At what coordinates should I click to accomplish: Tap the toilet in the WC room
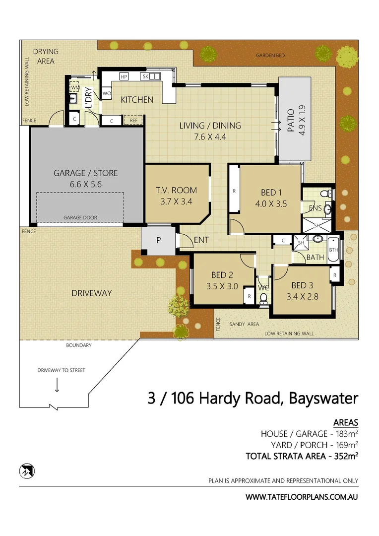(x=263, y=298)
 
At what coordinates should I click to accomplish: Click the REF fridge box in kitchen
(x=134, y=120)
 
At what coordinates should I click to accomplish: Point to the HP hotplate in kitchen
(x=124, y=76)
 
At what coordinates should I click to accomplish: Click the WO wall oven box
(x=106, y=93)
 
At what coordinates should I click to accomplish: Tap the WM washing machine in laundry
(x=75, y=87)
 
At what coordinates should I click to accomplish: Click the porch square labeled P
(x=158, y=240)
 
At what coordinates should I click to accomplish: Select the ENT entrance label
(x=201, y=240)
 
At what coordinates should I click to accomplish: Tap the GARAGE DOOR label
(x=80, y=218)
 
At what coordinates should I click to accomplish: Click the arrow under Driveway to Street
(x=57, y=384)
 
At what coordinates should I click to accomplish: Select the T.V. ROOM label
(x=176, y=190)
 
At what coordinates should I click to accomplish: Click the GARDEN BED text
(x=270, y=56)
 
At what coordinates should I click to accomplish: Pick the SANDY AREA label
(x=244, y=324)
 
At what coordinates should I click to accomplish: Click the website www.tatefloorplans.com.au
(x=302, y=496)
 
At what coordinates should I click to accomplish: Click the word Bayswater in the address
(x=323, y=399)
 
